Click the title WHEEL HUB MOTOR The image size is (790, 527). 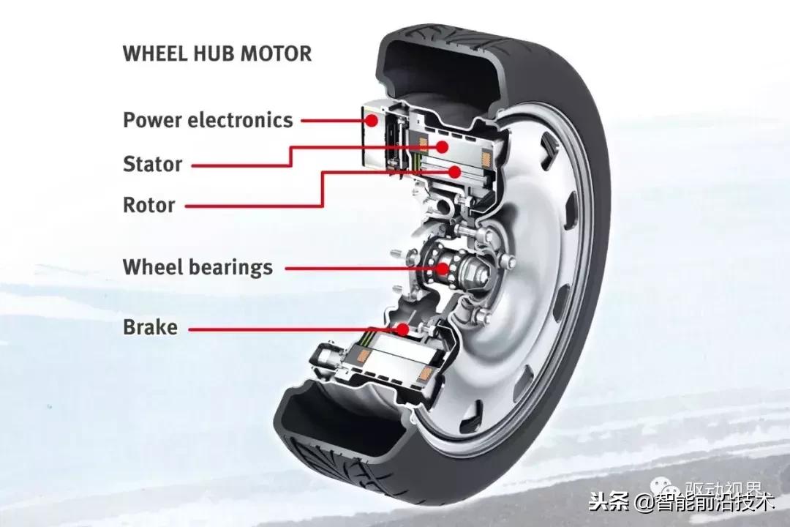217,53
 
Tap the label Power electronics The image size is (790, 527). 208,120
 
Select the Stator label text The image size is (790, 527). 152,164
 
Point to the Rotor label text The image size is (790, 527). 148,205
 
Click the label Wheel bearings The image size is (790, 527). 197,267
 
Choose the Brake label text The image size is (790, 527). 150,327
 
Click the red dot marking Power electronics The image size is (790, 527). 371,119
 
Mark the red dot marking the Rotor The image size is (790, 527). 454,172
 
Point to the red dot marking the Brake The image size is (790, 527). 402,329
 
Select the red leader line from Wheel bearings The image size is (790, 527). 358,268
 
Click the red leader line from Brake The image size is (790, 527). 293,329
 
